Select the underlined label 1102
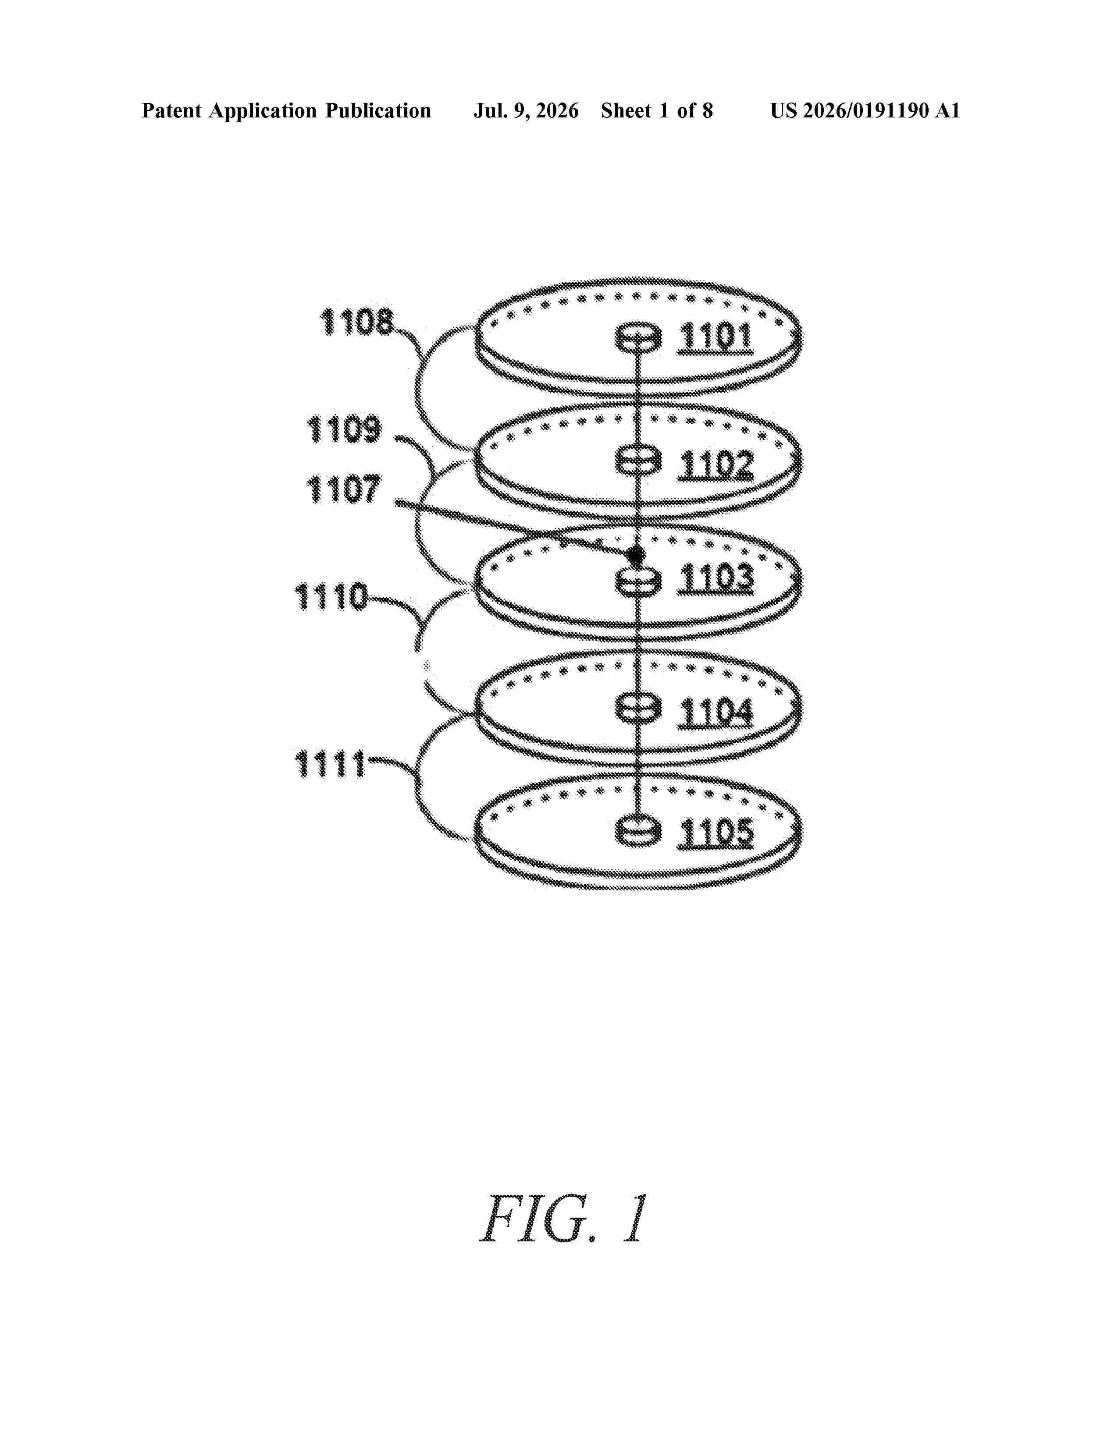click(716, 465)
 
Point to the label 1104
click(716, 713)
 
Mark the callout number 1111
click(330, 764)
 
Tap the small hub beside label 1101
click(638, 338)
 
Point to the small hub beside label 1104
click(638, 709)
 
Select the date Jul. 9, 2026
click(526, 111)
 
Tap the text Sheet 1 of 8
click(657, 111)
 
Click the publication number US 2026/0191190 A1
click(865, 111)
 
